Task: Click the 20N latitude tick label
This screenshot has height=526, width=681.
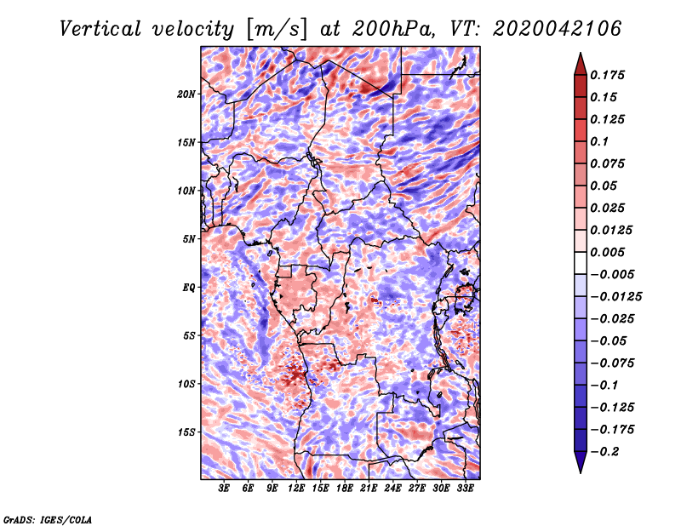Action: click(186, 94)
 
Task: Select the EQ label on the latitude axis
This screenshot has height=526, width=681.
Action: click(189, 288)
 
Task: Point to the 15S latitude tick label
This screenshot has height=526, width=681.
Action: click(186, 432)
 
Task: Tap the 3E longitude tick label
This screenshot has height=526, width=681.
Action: click(224, 489)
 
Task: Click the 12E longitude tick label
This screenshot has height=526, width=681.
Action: click(296, 489)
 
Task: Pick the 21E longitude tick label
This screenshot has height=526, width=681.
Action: click(369, 489)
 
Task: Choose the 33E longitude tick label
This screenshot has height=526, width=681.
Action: click(465, 489)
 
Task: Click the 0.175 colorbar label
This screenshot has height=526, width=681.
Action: click(607, 75)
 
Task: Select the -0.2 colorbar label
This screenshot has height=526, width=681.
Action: click(604, 452)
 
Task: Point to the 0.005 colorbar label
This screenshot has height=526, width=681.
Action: click(607, 252)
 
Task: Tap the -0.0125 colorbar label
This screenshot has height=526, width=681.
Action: click(615, 297)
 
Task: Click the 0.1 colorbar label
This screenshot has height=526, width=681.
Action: click(599, 141)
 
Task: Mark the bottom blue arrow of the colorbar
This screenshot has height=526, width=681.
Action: click(581, 461)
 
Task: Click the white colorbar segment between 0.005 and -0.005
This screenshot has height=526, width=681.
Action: click(581, 263)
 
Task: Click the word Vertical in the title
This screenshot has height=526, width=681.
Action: click(100, 29)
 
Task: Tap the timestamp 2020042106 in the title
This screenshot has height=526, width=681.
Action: click(558, 29)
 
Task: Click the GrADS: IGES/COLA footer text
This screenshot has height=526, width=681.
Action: click(48, 520)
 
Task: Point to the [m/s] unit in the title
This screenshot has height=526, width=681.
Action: click(277, 30)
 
